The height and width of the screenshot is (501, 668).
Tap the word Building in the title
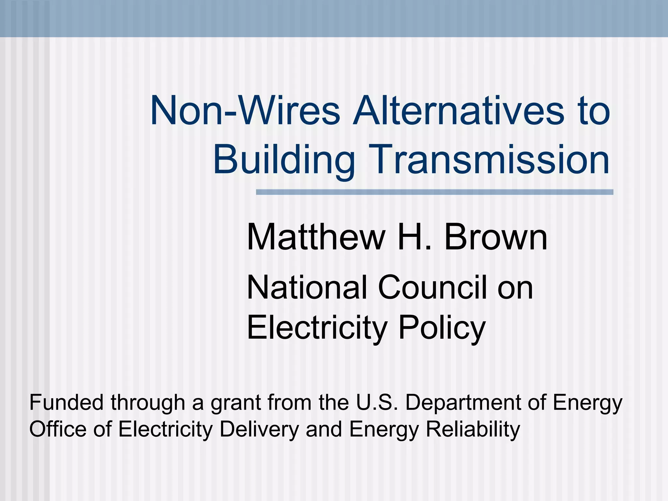point(284,160)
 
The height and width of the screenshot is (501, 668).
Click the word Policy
point(442,328)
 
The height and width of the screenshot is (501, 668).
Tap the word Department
point(463,403)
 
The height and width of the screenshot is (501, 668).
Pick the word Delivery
point(259,429)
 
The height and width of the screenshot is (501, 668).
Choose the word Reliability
point(473,429)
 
